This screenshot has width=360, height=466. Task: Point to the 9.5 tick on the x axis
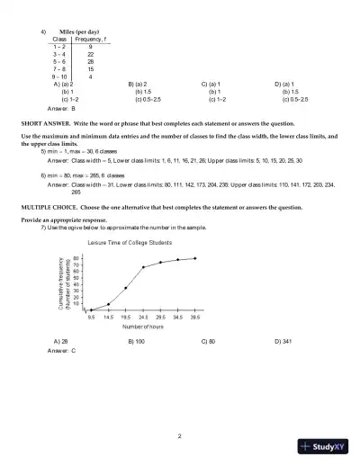(92, 317)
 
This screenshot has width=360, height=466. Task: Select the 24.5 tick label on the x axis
(143, 317)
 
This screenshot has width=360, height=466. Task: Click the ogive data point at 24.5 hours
(143, 267)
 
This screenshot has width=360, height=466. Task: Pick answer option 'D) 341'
(284, 342)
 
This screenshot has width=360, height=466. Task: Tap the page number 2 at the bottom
(180, 435)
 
